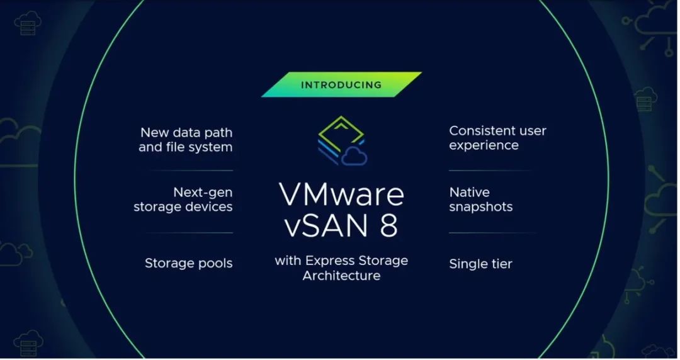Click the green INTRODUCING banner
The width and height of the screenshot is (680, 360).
pyautogui.click(x=341, y=84)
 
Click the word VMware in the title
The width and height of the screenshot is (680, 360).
pyautogui.click(x=341, y=194)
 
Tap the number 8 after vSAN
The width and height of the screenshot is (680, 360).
pyautogui.click(x=389, y=225)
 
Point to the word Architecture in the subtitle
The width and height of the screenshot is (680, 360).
pyautogui.click(x=341, y=276)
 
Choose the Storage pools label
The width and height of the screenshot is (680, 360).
pyautogui.click(x=189, y=263)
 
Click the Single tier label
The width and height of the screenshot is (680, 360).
pyautogui.click(x=480, y=264)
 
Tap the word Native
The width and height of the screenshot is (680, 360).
pyautogui.click(x=469, y=192)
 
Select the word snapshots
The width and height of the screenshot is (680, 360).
pyautogui.click(x=481, y=207)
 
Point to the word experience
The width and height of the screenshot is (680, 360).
pyautogui.click(x=484, y=145)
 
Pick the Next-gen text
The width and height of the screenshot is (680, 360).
pyautogui.click(x=203, y=192)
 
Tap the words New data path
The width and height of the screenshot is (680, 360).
pyautogui.click(x=186, y=132)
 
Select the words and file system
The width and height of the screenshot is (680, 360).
pyautogui.click(x=186, y=147)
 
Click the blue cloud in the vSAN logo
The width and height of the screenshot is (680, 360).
pyautogui.click(x=354, y=157)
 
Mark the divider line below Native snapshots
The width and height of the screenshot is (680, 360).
pyautogui.click(x=492, y=233)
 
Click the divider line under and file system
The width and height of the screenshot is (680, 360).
pyautogui.click(x=191, y=171)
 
